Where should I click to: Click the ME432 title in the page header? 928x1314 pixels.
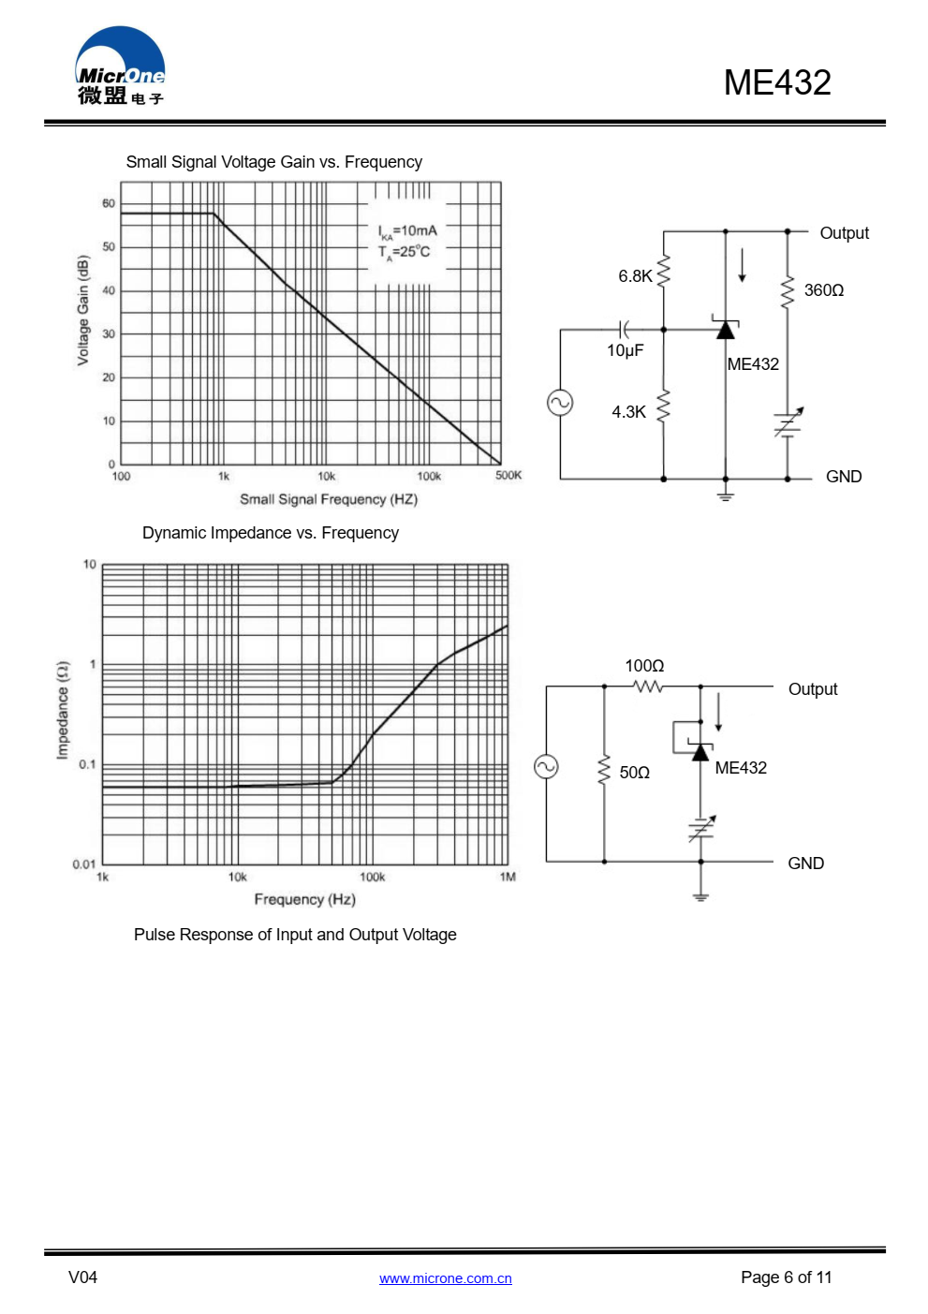pos(776,82)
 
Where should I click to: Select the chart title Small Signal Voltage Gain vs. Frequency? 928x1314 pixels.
pos(273,162)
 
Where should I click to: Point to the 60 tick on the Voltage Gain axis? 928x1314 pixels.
pos(109,203)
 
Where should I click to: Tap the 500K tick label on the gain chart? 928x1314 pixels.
pos(508,476)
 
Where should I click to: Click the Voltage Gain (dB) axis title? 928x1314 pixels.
pos(83,310)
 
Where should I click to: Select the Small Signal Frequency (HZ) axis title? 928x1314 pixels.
pos(328,499)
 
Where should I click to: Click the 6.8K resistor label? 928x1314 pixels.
pos(635,276)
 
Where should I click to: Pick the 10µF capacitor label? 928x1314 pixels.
pos(625,350)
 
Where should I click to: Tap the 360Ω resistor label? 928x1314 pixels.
pos(823,290)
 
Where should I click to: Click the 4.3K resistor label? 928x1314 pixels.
pos(628,412)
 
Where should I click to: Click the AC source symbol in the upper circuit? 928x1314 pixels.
pos(560,403)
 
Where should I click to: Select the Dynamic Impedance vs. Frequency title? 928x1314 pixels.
pos(270,533)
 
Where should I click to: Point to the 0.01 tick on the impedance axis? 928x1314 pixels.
pos(83,864)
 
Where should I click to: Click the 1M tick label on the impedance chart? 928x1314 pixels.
pos(508,878)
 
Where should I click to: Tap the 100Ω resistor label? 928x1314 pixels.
pos(644,666)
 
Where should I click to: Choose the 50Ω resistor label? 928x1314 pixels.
pos(634,773)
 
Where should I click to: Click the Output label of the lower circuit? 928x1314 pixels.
pos(812,689)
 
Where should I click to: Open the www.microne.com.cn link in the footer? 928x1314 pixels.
pos(445,1278)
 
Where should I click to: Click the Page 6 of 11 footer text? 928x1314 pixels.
pos(786,1277)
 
